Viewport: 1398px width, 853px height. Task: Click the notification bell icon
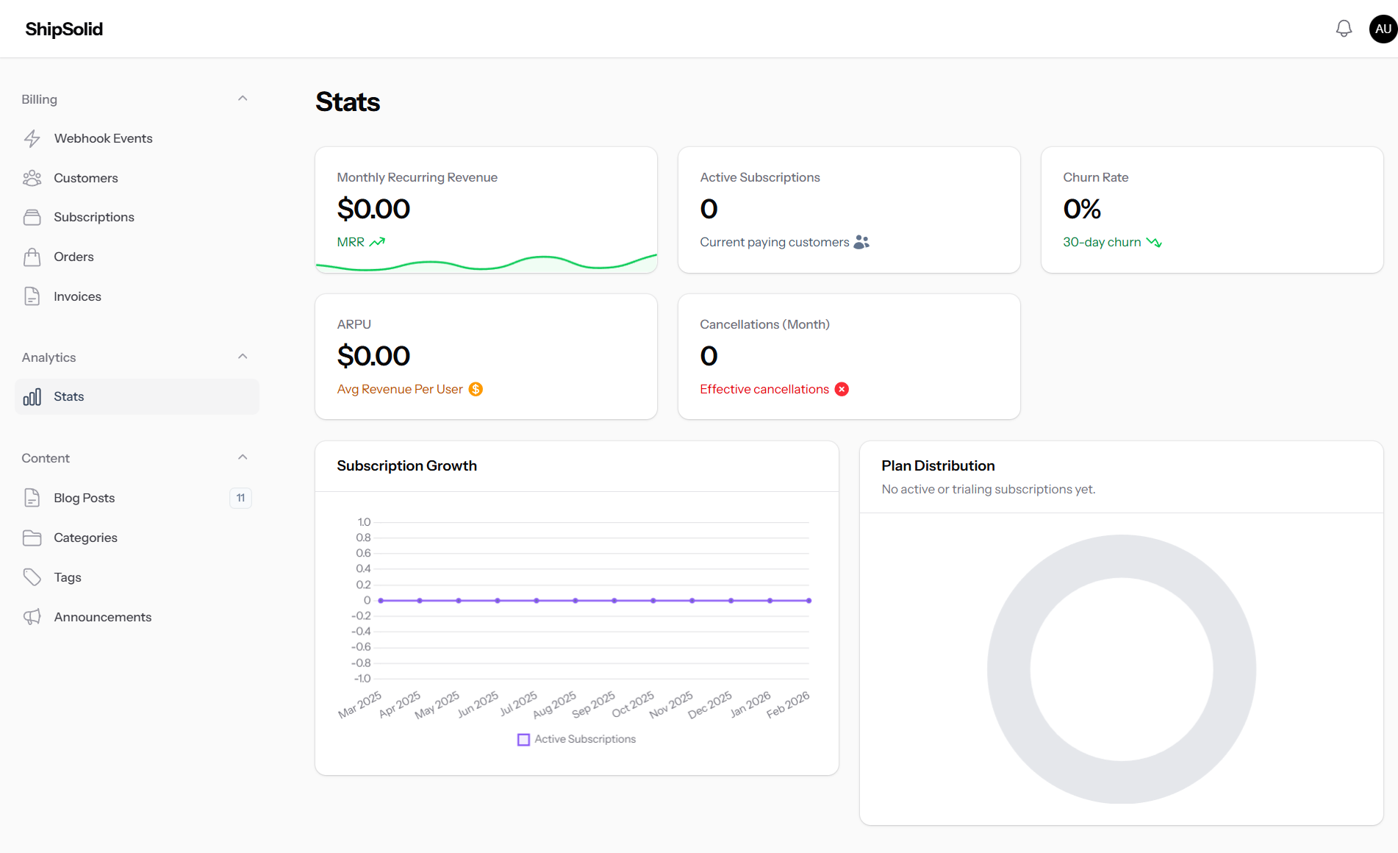pyautogui.click(x=1344, y=29)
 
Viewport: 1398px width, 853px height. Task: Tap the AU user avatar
pyautogui.click(x=1383, y=29)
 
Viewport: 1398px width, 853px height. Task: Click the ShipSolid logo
pyautogui.click(x=64, y=29)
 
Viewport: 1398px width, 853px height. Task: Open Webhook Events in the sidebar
pyautogui.click(x=103, y=138)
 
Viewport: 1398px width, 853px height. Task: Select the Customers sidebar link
pyautogui.click(x=85, y=178)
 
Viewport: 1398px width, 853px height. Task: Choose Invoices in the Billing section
pyautogui.click(x=77, y=296)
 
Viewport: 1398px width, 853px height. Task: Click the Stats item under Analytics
pyautogui.click(x=68, y=396)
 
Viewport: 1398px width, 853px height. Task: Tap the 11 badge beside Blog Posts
pyautogui.click(x=240, y=498)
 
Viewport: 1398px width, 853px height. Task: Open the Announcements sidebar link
pyautogui.click(x=102, y=617)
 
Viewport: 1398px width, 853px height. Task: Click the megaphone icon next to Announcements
pyautogui.click(x=32, y=617)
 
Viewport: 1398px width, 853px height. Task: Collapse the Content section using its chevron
pyautogui.click(x=243, y=457)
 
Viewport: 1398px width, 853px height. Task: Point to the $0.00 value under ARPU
pyautogui.click(x=373, y=356)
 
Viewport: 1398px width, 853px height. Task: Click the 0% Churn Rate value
pyautogui.click(x=1082, y=209)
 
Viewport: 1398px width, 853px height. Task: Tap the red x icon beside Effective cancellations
pyautogui.click(x=842, y=389)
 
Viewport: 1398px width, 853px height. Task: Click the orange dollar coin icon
pyautogui.click(x=476, y=389)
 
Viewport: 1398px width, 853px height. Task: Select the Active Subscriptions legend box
pyautogui.click(x=523, y=740)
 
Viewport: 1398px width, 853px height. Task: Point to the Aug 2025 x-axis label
pyautogui.click(x=556, y=704)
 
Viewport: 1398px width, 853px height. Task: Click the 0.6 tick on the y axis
pyautogui.click(x=363, y=553)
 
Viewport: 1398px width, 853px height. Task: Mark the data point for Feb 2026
pyautogui.click(x=809, y=601)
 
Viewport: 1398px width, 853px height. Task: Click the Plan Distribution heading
pyautogui.click(x=938, y=465)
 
